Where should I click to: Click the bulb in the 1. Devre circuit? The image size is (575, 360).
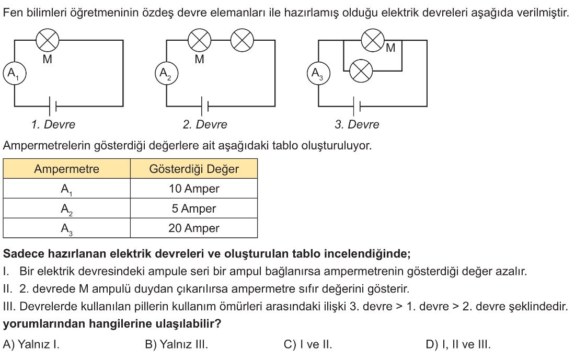[x=47, y=40]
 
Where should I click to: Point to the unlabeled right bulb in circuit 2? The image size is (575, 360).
[x=242, y=40]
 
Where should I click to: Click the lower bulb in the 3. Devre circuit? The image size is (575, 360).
[x=361, y=71]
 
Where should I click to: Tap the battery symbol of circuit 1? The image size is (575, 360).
[x=52, y=106]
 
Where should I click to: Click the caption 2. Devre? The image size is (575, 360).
[x=205, y=125]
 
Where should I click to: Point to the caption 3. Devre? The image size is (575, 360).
[x=357, y=125]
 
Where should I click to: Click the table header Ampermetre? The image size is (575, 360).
[x=66, y=169]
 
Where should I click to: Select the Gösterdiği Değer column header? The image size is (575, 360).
[x=194, y=169]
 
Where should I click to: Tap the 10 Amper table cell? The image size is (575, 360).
[x=194, y=189]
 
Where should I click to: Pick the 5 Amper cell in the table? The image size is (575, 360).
[x=194, y=208]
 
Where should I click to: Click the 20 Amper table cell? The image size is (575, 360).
[x=194, y=228]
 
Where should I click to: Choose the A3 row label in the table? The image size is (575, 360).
[x=66, y=229]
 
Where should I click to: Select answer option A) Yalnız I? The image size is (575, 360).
[x=31, y=344]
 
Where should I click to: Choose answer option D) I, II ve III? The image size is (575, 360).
[x=458, y=344]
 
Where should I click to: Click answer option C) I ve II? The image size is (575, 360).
[x=308, y=344]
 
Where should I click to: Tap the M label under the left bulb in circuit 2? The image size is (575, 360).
[x=200, y=59]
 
